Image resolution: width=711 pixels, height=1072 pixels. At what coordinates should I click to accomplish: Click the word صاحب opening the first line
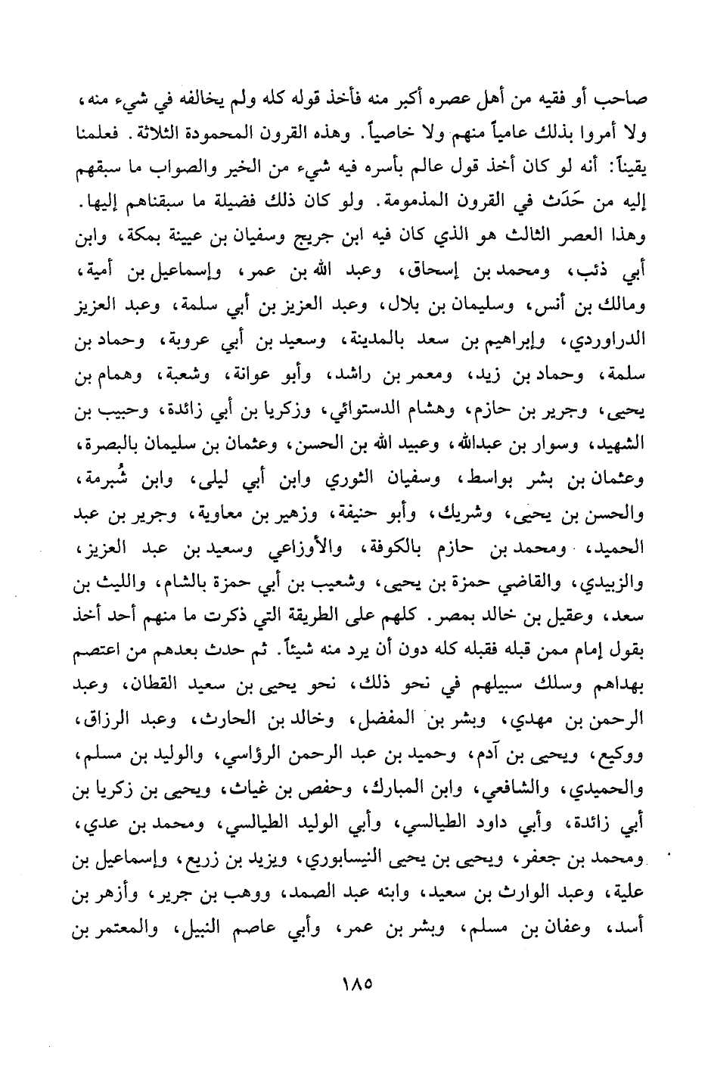point(623,102)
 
